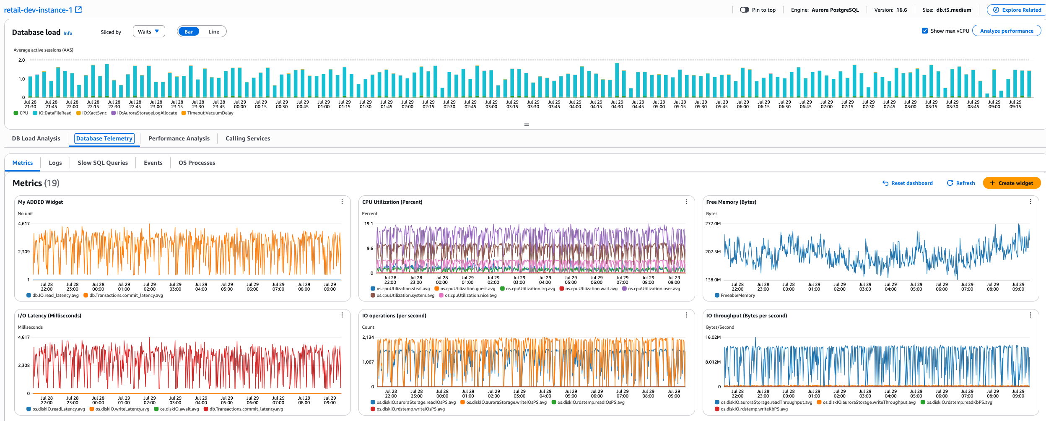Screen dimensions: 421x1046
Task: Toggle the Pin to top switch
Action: (744, 10)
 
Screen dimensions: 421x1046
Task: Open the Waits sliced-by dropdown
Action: (148, 31)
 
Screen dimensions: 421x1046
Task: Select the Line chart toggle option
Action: (214, 32)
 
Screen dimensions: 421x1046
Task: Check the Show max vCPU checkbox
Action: (925, 31)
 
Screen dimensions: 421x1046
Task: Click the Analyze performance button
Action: (1006, 31)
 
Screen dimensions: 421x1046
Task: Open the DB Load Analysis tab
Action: (36, 138)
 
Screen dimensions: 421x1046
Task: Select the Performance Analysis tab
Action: (179, 138)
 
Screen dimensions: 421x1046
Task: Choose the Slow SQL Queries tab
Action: (103, 163)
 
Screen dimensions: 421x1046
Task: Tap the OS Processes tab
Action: (197, 163)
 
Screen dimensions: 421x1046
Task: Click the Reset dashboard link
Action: (908, 183)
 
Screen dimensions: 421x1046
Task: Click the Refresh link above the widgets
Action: (961, 183)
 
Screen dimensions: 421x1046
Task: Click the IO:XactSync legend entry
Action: (94, 113)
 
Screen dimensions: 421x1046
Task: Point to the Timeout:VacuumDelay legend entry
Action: (210, 113)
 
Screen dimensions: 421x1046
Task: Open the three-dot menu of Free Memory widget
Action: (1030, 202)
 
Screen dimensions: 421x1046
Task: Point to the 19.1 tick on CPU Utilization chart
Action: (369, 224)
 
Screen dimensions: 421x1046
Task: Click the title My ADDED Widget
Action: (40, 202)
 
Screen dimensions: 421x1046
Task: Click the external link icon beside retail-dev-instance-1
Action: (78, 10)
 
